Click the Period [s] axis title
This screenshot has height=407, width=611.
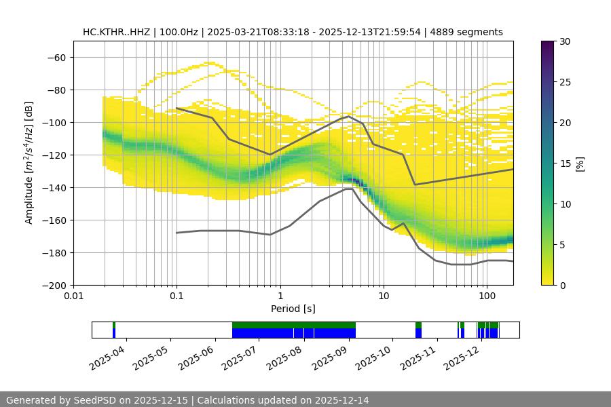pos(293,309)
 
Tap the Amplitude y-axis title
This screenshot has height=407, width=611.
pos(29,163)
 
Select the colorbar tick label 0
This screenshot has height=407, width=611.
pos(563,285)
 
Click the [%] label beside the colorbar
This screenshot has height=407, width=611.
pos(579,163)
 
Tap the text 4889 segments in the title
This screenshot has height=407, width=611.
pos(470,32)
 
